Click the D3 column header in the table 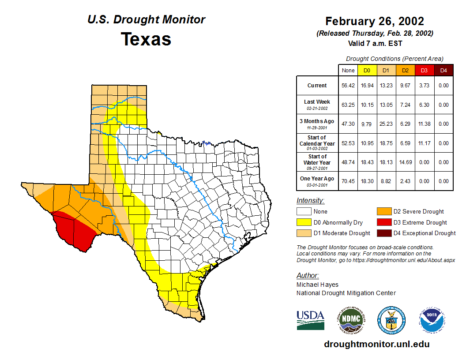[x=424, y=70]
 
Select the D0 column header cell [x=367, y=70]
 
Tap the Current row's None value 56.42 [x=348, y=86]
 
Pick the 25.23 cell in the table [x=386, y=124]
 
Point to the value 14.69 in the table [x=405, y=162]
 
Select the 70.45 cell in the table [x=348, y=181]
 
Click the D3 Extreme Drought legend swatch [x=384, y=222]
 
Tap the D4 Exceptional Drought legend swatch [x=384, y=233]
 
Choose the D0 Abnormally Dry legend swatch [x=304, y=222]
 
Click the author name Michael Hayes [x=317, y=285]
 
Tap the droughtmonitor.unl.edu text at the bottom [x=376, y=344]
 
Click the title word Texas [x=146, y=39]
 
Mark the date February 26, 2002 [x=375, y=21]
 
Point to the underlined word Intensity [x=310, y=201]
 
